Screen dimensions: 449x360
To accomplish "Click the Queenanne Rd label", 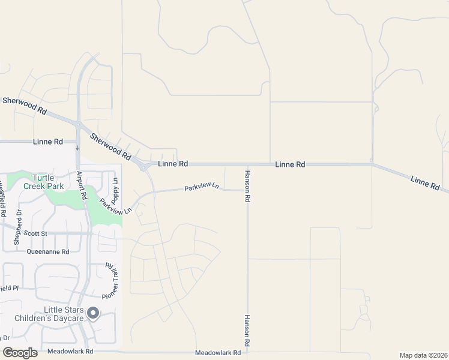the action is coord(52,252).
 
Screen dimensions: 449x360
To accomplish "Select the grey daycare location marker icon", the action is coord(93,313).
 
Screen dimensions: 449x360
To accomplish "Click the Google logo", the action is coord(20,352).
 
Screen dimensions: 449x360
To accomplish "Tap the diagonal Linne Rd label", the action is coord(426,182).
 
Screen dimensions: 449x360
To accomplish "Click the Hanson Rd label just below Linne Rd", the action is coord(247,186).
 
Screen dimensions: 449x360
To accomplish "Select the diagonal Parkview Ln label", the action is coord(116,207).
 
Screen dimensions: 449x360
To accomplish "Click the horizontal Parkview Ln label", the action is coord(201,187).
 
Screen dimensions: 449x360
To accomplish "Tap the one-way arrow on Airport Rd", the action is coord(77,148).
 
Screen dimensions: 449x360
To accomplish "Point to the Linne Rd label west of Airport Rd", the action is coord(49,142).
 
